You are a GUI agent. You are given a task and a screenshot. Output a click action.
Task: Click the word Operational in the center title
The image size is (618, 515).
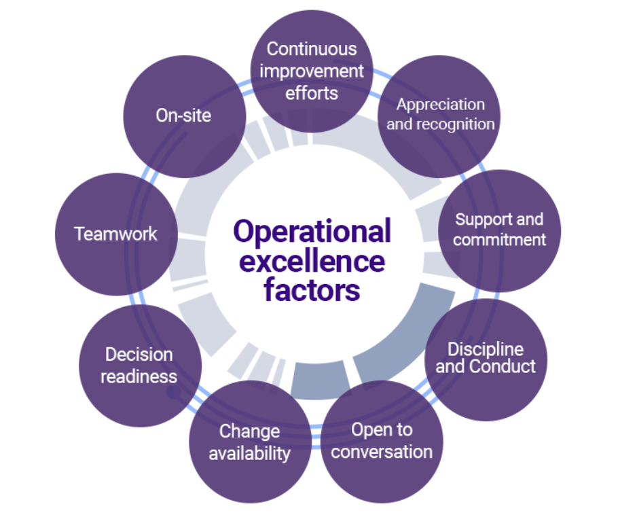[312, 232]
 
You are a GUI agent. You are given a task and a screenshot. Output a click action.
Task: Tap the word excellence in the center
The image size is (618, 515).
[312, 262]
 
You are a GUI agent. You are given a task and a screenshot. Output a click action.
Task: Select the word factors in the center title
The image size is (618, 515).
[312, 290]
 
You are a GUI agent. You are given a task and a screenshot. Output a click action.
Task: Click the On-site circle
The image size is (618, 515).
[183, 116]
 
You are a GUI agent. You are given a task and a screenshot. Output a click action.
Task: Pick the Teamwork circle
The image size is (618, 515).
[115, 234]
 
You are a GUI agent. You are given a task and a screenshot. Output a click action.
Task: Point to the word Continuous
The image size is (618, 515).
[312, 49]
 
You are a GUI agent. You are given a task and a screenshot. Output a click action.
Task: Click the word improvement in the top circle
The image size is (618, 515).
[312, 71]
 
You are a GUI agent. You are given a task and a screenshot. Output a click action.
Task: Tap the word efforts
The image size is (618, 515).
[312, 92]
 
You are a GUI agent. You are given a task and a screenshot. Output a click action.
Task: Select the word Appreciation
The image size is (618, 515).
[441, 105]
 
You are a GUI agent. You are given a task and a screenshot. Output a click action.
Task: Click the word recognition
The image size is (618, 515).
[460, 124]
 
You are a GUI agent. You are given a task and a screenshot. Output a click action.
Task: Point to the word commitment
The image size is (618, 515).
[499, 240]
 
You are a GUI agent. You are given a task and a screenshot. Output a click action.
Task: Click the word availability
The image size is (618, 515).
[249, 453]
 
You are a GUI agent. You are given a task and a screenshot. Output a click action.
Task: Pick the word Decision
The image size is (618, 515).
[139, 355]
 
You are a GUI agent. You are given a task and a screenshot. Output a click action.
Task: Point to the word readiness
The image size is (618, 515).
[139, 376]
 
